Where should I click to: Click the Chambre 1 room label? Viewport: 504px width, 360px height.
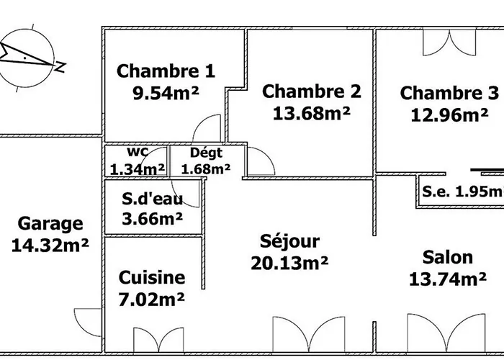tap(166, 71)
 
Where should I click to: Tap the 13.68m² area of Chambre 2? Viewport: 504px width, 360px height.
tap(312, 113)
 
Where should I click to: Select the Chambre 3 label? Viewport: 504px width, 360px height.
tap(449, 93)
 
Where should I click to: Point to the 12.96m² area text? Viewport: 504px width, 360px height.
tap(449, 114)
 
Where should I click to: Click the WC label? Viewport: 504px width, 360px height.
tap(138, 153)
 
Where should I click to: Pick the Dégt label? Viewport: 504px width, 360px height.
tap(206, 153)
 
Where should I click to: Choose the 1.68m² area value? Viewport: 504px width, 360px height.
tap(206, 169)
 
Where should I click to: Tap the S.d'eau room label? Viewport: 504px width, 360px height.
tap(152, 199)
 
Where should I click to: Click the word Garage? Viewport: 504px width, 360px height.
tap(50, 224)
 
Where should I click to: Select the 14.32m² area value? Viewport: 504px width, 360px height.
tap(50, 246)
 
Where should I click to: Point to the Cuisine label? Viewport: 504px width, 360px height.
tap(152, 277)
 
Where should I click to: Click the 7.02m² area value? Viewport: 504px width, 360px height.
tap(152, 297)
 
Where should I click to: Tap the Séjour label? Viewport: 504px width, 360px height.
tap(289, 241)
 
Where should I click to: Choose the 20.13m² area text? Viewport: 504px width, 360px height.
tap(289, 263)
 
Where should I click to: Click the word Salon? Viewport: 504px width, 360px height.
tap(447, 257)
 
